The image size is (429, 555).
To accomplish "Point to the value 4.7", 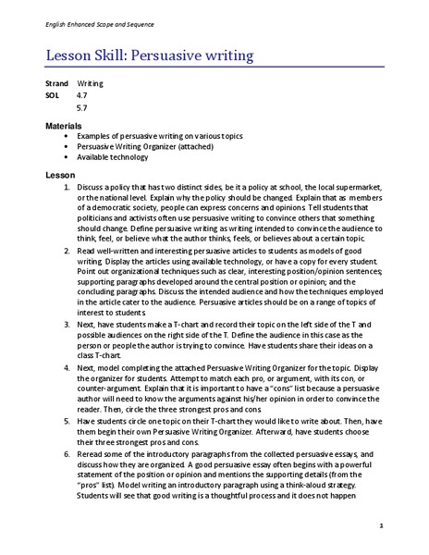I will (x=82, y=95).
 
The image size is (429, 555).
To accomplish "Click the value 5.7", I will (x=82, y=108).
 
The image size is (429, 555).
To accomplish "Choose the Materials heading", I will (x=63, y=124).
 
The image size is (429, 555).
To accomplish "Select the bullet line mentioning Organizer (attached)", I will (x=143, y=146).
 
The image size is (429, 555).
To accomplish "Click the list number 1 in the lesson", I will (x=67, y=188).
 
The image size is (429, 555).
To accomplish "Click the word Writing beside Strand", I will (x=90, y=83).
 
